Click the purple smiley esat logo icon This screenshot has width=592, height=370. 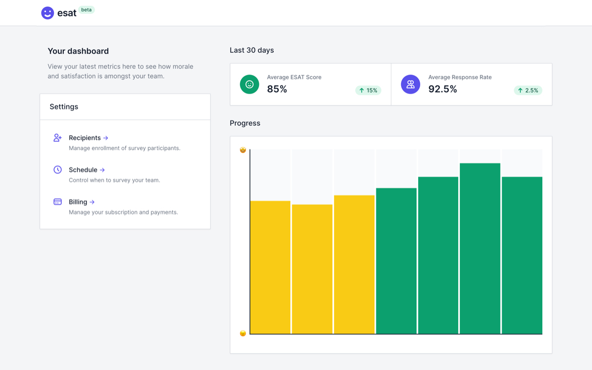(48, 13)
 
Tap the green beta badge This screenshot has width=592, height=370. (87, 10)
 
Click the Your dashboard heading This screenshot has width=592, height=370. (78, 51)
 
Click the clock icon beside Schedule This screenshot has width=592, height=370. (58, 170)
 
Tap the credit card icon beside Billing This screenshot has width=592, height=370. (58, 201)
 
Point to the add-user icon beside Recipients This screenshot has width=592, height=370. (58, 137)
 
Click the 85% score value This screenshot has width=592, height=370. (277, 89)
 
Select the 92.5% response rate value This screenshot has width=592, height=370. (442, 89)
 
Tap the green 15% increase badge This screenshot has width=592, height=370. (368, 90)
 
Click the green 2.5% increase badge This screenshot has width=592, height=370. (528, 90)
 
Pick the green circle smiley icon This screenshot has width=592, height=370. (249, 84)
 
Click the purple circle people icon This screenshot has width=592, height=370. (410, 84)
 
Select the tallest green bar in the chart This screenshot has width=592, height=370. (480, 248)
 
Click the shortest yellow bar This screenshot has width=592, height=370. (312, 269)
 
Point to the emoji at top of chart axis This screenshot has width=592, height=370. (243, 150)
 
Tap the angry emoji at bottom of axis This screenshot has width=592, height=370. (243, 334)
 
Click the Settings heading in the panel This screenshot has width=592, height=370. (64, 107)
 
